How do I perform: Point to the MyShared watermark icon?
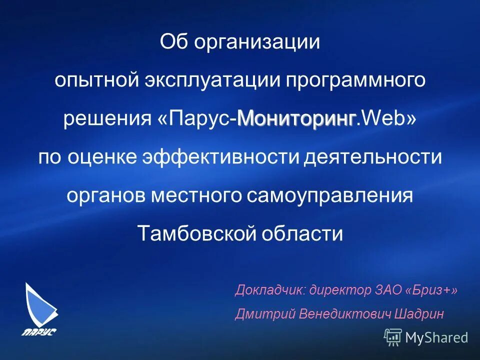pyautogui.click(x=393, y=337)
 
